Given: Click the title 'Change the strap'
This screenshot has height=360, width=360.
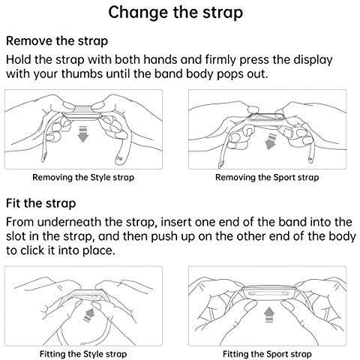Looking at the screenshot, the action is tap(175, 12).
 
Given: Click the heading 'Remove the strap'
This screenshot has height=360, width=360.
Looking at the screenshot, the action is tap(57, 41).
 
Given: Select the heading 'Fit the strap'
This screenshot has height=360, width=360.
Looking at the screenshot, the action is tap(40, 203).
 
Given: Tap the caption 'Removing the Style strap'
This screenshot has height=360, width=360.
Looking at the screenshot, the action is tap(83, 178).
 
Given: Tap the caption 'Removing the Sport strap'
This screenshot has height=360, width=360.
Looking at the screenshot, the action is tap(267, 178).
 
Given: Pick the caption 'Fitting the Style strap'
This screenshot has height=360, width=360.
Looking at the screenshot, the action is tap(83, 354).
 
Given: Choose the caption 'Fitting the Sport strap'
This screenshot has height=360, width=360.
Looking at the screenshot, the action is tap(267, 354).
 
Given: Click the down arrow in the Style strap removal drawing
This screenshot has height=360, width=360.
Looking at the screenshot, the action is tap(83, 134).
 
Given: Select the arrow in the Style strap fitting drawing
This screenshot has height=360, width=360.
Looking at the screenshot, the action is tap(88, 315).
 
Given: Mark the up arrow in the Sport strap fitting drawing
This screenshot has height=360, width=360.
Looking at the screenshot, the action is tap(269, 314).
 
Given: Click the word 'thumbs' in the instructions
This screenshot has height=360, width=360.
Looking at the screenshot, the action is tap(82, 73).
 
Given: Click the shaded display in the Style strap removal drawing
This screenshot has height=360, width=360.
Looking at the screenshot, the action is tap(84, 109).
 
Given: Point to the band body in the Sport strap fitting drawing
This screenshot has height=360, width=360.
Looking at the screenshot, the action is tap(268, 292).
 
